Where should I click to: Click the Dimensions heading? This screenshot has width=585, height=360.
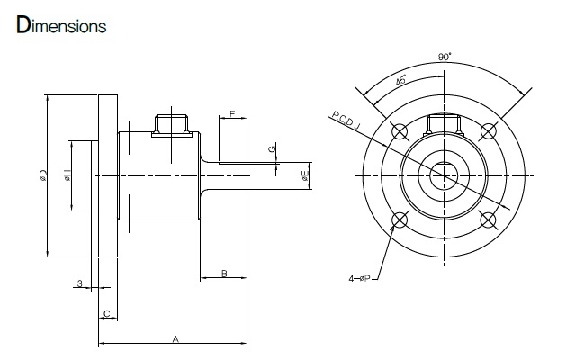(61, 25)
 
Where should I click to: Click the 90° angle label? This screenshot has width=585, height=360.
(445, 57)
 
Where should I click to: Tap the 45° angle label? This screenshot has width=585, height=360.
(400, 80)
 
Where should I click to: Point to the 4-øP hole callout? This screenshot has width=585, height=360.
(360, 278)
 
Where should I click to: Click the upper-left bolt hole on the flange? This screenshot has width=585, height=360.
(400, 131)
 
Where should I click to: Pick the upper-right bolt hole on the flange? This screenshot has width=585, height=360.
(489, 131)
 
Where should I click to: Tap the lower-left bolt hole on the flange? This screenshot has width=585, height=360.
(400, 220)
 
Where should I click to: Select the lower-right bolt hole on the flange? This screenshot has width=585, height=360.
(489, 220)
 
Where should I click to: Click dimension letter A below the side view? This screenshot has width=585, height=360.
(175, 339)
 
